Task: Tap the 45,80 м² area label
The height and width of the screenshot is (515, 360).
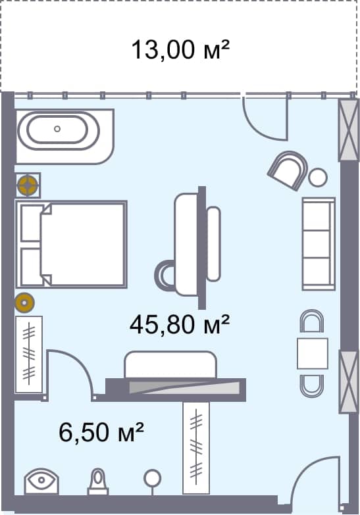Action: point(180,324)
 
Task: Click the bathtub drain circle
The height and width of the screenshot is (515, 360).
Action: point(57,129)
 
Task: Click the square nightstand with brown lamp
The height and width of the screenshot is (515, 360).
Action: point(28,185)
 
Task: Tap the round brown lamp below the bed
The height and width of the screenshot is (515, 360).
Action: point(25,302)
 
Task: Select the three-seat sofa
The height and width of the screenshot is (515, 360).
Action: point(319,244)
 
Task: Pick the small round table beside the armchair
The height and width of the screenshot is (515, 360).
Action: point(319,177)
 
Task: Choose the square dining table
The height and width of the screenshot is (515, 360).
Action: point(312,353)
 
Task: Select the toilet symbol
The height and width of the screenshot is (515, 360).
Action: point(98,482)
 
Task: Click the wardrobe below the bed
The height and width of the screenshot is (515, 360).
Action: point(28,355)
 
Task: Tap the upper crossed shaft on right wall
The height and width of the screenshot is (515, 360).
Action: point(348,130)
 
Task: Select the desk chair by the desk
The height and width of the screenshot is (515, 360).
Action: point(164,274)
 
